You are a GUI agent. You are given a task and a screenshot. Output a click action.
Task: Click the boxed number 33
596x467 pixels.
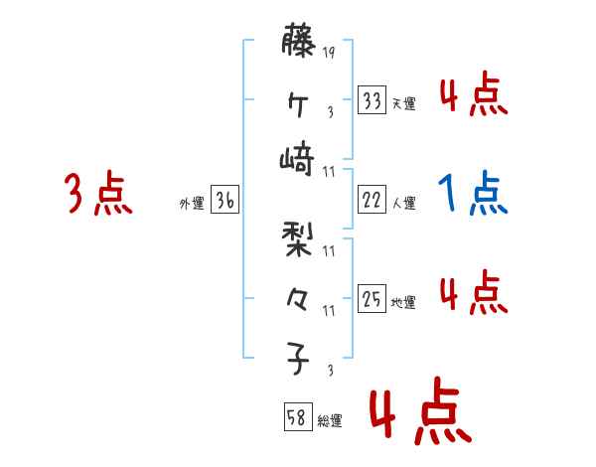372,100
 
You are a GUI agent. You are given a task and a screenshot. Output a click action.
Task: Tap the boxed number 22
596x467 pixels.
372,200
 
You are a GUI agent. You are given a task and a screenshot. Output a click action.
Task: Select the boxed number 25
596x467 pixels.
372,299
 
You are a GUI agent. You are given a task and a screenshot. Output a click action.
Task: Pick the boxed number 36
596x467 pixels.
224,200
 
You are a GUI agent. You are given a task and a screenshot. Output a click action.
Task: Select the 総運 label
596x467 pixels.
330,421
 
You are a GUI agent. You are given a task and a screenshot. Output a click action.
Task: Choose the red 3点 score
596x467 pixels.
99,193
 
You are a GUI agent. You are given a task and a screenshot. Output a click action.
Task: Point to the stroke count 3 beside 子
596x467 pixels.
329,371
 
